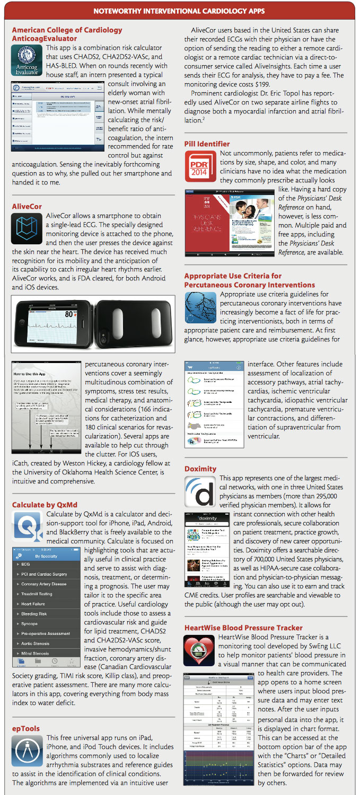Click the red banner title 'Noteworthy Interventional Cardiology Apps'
click(x=180, y=10)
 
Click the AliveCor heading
click(x=27, y=206)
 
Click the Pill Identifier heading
click(x=207, y=144)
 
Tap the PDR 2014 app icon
click(x=200, y=166)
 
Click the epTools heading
click(x=25, y=728)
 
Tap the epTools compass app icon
click(x=27, y=752)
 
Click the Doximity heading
click(x=200, y=469)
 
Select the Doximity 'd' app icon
click(x=200, y=492)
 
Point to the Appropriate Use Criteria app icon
click(x=200, y=307)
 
